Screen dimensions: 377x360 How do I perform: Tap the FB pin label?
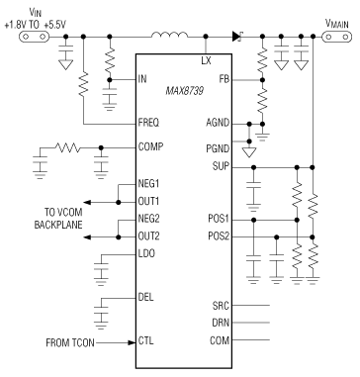[225, 76]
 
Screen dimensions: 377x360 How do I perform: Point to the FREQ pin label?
[149, 123]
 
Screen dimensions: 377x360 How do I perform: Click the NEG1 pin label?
[149, 184]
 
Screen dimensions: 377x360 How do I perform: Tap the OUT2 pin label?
[149, 236]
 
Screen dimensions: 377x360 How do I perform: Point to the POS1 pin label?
[220, 218]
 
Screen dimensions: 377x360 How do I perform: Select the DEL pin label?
[146, 293]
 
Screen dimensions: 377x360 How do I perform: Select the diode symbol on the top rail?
[236, 37]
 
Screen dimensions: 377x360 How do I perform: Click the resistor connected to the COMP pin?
[67, 146]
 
